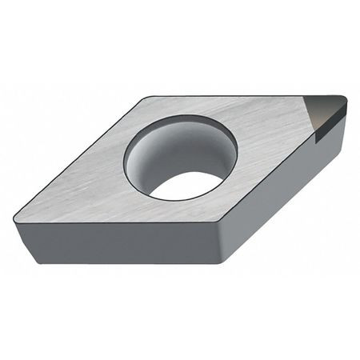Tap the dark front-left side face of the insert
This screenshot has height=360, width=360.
[120, 244]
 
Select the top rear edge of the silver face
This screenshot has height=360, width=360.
[240, 96]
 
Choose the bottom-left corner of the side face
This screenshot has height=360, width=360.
[37, 262]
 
